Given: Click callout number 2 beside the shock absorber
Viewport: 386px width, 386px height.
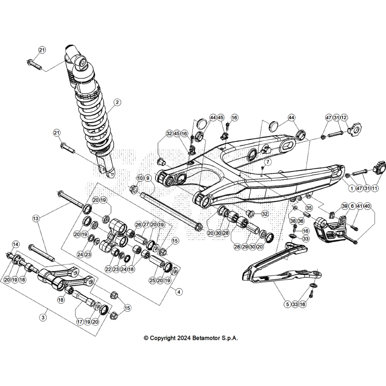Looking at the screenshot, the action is click(117, 102).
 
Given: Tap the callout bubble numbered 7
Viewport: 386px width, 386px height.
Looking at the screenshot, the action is click(268, 162).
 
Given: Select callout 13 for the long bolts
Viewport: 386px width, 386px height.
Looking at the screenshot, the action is click(36, 218).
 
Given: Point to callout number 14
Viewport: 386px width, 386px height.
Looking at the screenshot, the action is click(16, 244).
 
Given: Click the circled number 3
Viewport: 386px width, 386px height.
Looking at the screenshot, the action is click(43, 317).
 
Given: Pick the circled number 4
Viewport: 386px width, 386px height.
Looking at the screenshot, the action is click(179, 292).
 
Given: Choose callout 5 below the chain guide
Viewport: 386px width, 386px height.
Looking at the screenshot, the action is click(287, 304).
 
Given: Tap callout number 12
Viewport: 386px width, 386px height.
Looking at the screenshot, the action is click(344, 118).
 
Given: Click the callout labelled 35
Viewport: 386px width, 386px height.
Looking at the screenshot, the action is click(309, 207).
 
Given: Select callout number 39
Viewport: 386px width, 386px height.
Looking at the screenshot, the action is click(344, 206).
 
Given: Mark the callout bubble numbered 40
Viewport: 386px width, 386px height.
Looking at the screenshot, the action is click(367, 206).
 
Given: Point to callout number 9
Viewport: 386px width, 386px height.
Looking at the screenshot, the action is click(148, 178).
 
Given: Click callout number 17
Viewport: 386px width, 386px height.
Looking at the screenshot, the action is click(80, 322).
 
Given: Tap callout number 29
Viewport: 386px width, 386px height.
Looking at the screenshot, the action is click(245, 247).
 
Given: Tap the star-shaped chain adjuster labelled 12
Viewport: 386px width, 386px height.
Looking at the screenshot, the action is click(354, 128).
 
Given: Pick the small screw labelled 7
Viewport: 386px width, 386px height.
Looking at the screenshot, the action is click(263, 168).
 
